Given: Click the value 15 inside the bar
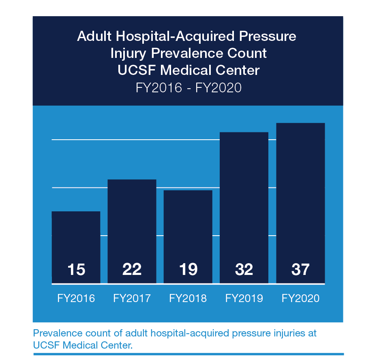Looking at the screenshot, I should click(76, 270).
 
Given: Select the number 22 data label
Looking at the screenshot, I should click(132, 270).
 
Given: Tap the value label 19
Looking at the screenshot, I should click(188, 270).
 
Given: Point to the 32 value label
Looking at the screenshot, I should click(244, 270).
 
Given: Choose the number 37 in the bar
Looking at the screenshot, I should click(300, 270).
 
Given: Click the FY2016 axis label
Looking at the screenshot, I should click(76, 299).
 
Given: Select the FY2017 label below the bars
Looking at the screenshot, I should click(132, 299).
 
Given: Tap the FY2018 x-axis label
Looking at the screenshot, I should click(188, 299).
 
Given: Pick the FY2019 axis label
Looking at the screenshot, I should click(244, 299).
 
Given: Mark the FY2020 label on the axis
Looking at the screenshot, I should click(300, 299).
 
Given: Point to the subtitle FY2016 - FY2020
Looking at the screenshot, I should click(188, 87).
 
